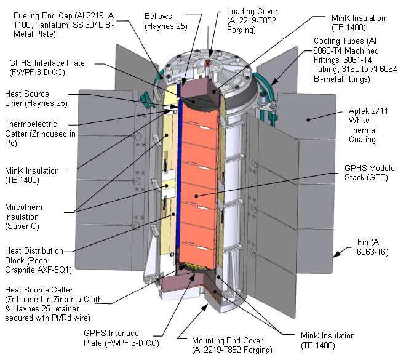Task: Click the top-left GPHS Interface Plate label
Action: click(46, 68)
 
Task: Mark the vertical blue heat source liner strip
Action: click(177, 185)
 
